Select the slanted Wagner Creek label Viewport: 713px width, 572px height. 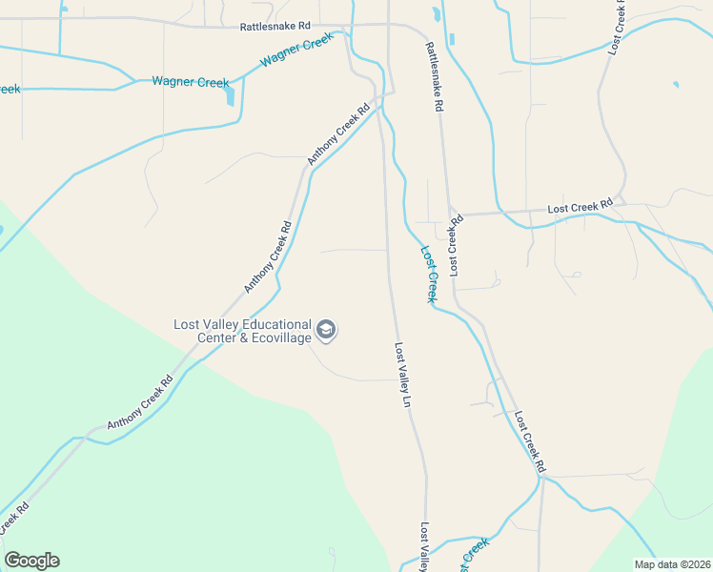point(296,49)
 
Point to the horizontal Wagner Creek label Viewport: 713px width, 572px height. point(191,83)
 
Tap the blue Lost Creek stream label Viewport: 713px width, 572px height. point(430,275)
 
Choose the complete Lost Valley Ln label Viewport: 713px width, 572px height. point(403,376)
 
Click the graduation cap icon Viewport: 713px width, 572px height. point(326,331)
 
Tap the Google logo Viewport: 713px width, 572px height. point(31,561)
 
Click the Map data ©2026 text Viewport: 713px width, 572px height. point(673,564)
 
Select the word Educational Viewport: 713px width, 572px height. point(276,324)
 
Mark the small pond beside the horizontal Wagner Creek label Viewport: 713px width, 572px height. point(230,95)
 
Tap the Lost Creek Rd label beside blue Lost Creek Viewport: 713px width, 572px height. point(455,246)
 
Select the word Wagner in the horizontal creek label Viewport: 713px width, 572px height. point(173,83)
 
